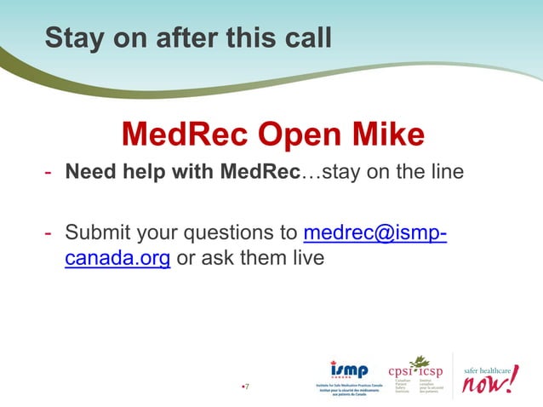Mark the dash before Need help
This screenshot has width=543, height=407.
(49, 173)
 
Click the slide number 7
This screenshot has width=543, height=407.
(247, 388)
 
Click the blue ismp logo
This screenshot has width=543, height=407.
(349, 370)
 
